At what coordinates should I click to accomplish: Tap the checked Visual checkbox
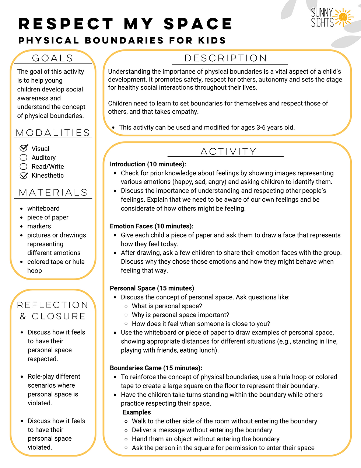[24, 148]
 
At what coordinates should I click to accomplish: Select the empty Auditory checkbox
[24, 157]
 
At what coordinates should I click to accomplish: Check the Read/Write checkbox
[24, 166]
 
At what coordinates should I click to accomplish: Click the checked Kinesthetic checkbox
[24, 176]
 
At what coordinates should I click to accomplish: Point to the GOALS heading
[53, 58]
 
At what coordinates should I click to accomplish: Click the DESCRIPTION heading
[226, 58]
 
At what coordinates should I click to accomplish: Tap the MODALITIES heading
[53, 133]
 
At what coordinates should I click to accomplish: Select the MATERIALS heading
[53, 193]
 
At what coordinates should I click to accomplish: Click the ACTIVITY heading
[228, 152]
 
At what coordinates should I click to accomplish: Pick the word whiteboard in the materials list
[43, 208]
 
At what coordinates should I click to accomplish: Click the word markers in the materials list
[39, 226]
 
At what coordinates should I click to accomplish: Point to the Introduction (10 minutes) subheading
[148, 164]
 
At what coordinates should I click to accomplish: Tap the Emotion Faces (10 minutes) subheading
[151, 226]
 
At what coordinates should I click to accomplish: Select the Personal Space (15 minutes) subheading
[152, 288]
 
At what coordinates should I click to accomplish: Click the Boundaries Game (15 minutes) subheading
[156, 368]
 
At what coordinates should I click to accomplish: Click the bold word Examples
[137, 412]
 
